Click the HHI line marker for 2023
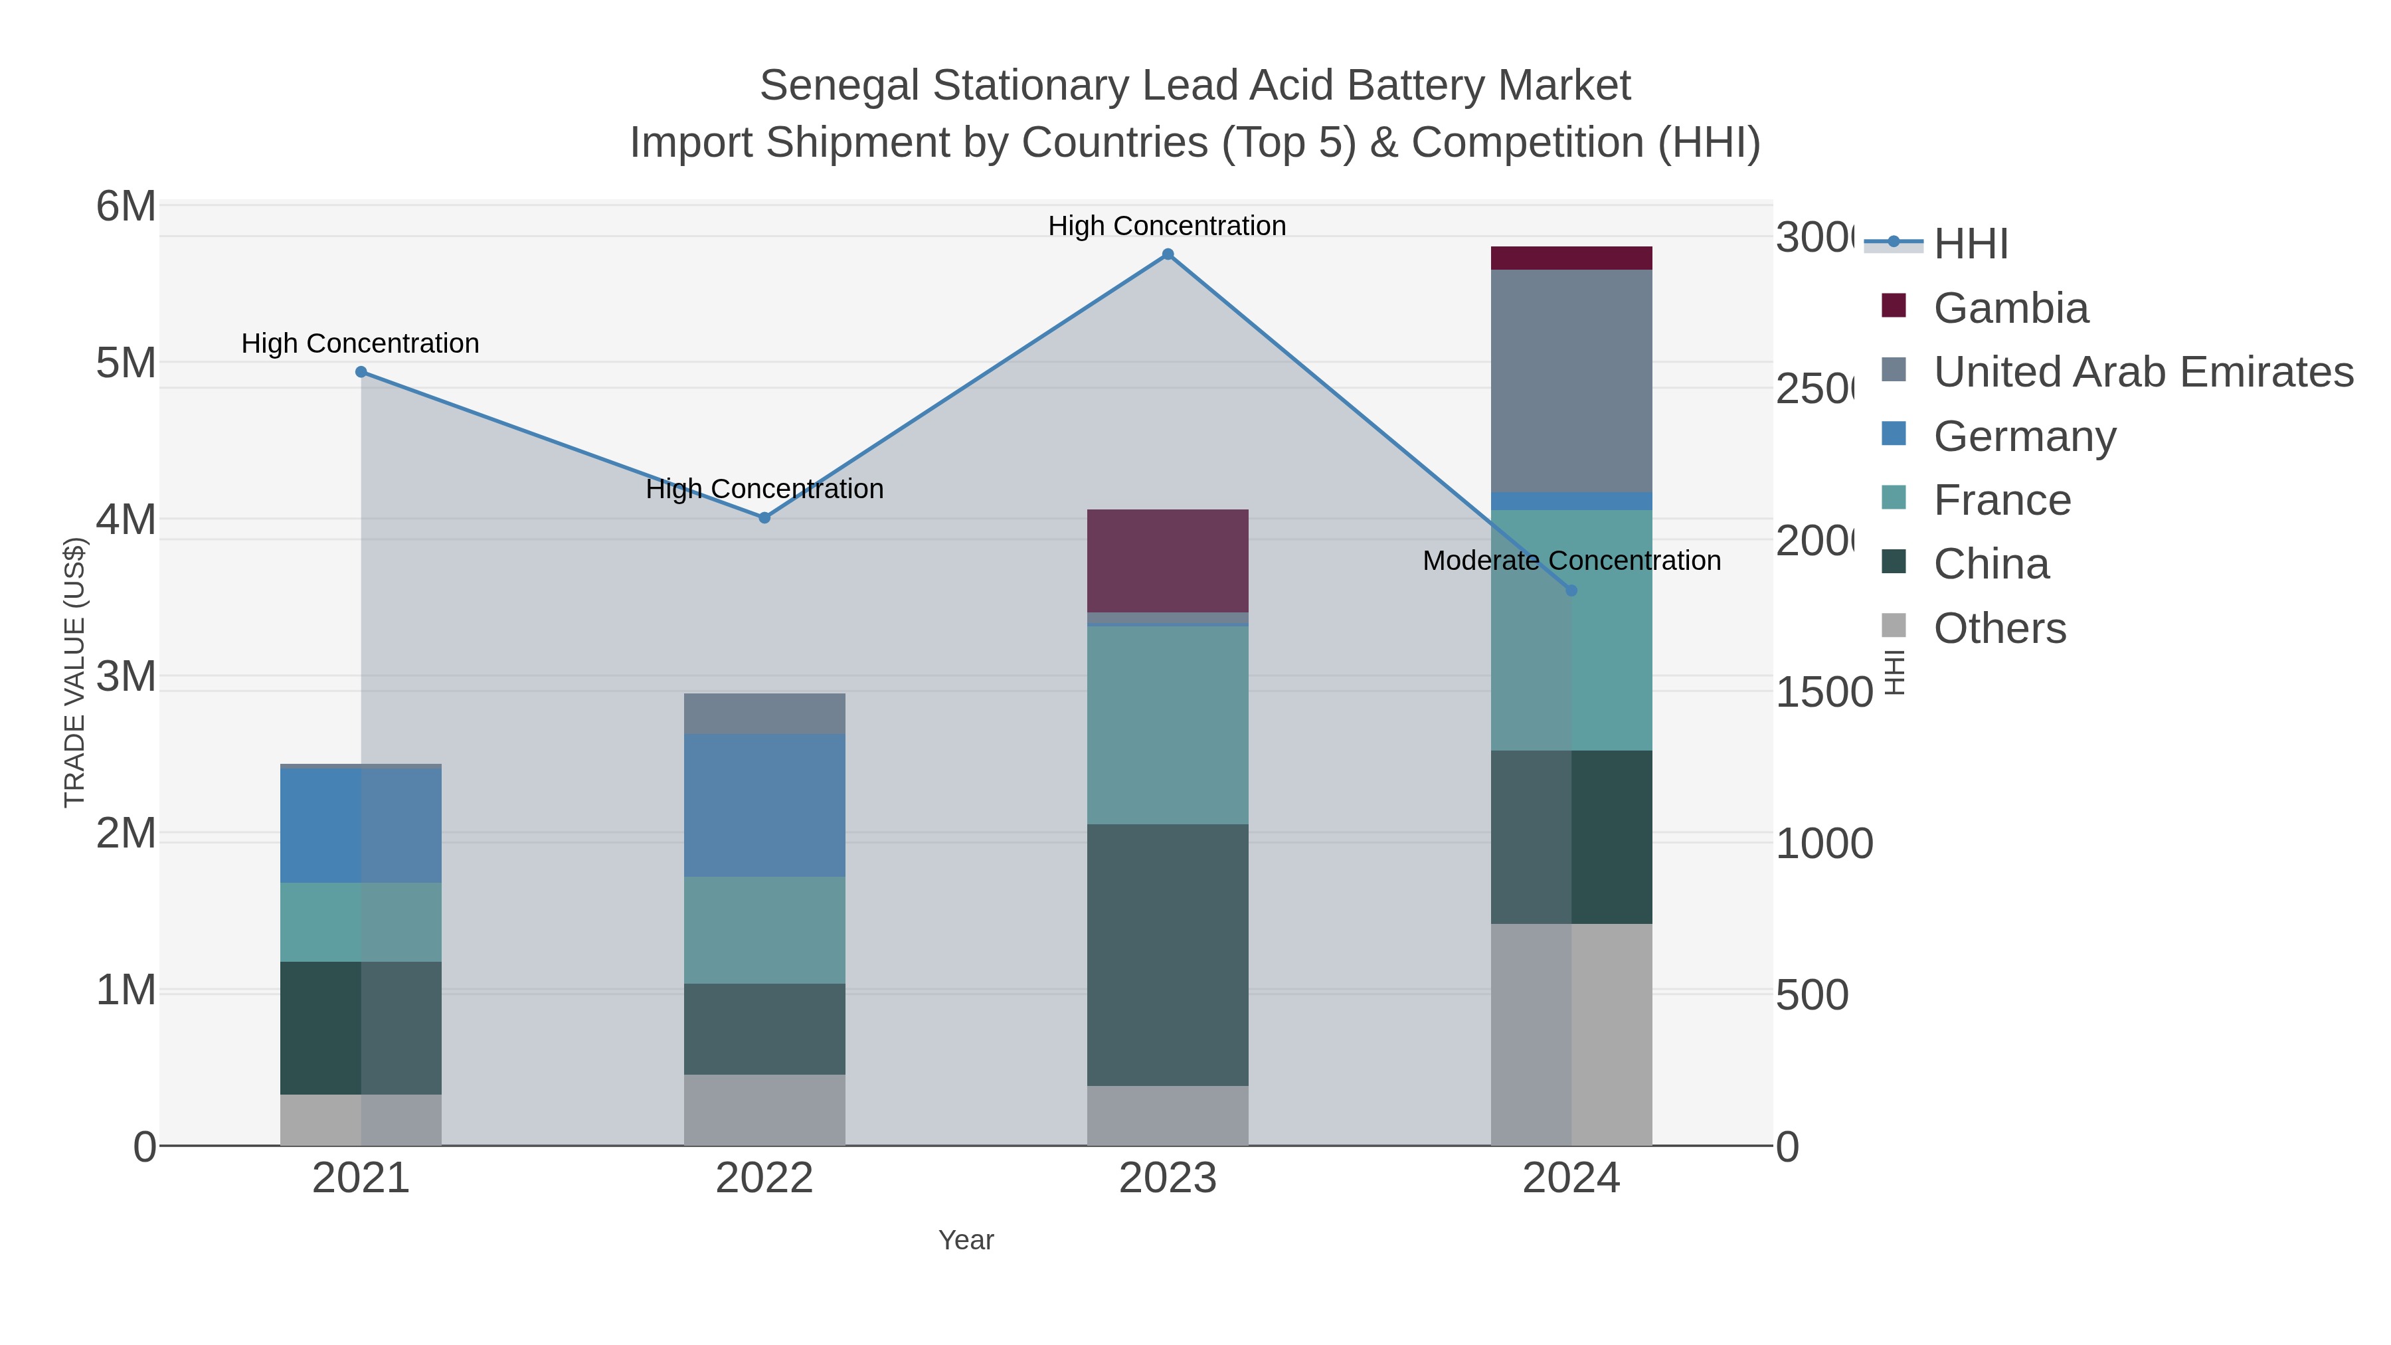[1168, 254]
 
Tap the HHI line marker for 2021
[361, 372]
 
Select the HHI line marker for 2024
[1571, 590]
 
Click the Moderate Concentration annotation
[1571, 561]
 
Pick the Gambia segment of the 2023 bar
[1167, 561]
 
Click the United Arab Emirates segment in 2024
[1571, 381]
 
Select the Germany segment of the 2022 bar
[764, 805]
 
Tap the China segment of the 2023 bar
[1167, 954]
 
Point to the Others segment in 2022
[764, 1109]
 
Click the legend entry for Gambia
[2010, 308]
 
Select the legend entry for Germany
[2024, 436]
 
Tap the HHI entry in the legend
[1970, 244]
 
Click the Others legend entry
[1998, 628]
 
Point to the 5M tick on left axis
[126, 363]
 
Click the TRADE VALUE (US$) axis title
[74, 672]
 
